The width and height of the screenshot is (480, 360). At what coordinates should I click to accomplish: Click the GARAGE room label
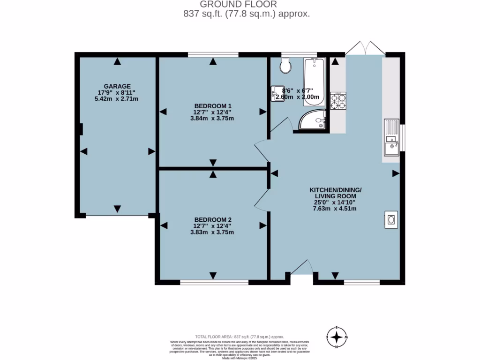click(117, 86)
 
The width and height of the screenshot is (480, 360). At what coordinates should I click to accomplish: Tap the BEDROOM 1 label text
click(213, 105)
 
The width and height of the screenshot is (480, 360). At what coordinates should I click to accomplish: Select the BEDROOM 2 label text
click(213, 219)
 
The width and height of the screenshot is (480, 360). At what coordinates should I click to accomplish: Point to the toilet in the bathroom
click(285, 66)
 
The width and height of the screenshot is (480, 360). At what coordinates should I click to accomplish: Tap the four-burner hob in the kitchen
click(338, 100)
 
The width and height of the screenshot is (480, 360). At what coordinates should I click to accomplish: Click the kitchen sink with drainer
click(390, 138)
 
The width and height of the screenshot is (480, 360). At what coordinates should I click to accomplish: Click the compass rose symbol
click(336, 337)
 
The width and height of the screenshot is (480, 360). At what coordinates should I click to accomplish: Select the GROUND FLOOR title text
click(240, 5)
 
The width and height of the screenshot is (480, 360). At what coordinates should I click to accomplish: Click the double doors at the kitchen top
click(365, 48)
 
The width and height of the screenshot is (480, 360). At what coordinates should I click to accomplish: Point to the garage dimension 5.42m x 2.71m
click(117, 99)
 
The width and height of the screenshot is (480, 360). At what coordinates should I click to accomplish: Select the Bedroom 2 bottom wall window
click(214, 283)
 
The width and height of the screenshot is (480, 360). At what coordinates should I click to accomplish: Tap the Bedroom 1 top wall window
click(213, 55)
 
